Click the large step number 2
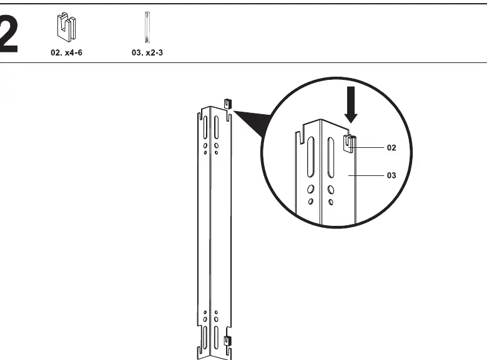(x=9, y=34)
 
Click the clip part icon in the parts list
(x=66, y=27)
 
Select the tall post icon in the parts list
(x=147, y=27)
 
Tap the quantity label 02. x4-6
(x=66, y=52)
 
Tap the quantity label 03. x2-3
(x=147, y=52)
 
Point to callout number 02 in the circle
(x=391, y=148)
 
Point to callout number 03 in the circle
(x=391, y=176)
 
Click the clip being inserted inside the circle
(x=350, y=144)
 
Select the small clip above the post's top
(x=228, y=104)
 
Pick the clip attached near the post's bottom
(x=228, y=341)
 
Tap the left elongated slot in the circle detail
(x=310, y=157)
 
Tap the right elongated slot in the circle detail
(x=331, y=158)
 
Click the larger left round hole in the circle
(x=310, y=188)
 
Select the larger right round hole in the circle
(x=331, y=190)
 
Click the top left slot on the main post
(x=205, y=127)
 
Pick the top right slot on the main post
(x=216, y=128)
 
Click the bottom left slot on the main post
(x=205, y=337)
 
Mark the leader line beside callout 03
(x=366, y=175)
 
